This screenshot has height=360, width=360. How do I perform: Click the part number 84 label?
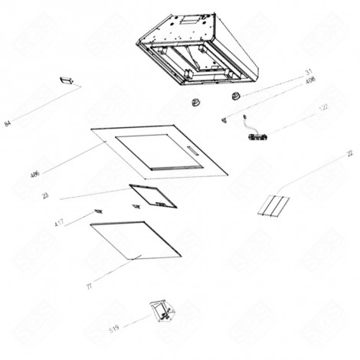[x=8, y=123]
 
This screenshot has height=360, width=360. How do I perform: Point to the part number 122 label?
[x=324, y=107]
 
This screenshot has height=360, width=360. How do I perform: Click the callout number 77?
[x=90, y=286]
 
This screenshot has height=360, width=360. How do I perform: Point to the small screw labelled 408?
[x=224, y=118]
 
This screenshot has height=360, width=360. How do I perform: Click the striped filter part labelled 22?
[x=274, y=206]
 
